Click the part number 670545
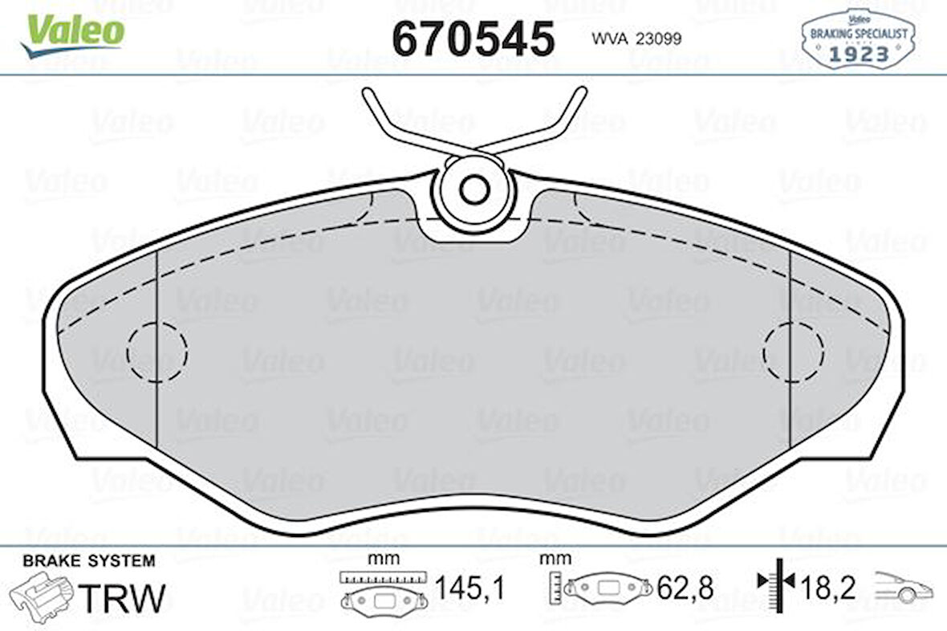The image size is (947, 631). pos(473,39)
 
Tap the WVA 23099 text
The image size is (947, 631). pos(636,39)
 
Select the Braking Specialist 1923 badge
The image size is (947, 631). pos(858,38)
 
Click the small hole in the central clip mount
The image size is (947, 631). pos(473,189)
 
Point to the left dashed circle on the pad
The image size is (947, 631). pos(156,351)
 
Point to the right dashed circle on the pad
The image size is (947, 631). pos(793,351)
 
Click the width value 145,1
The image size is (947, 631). pos(469,589)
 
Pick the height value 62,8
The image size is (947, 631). pos(685,589)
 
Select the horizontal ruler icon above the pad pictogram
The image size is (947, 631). pos(381,577)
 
